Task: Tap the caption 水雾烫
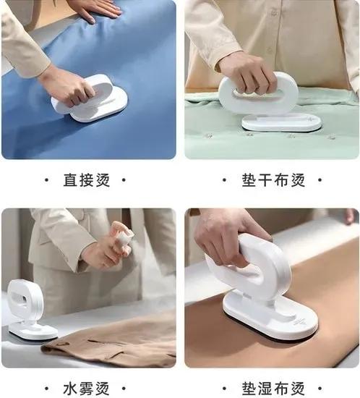[87, 389]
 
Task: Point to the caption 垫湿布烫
[273, 389]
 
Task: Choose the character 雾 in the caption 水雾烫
[87, 389]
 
